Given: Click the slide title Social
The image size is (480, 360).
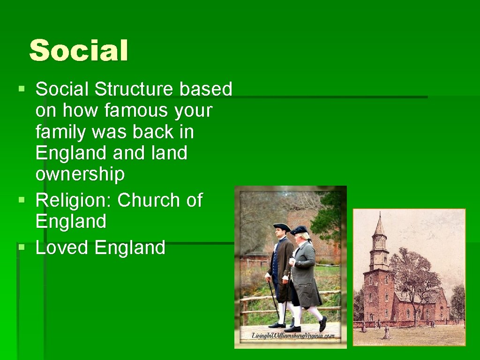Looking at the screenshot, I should [78, 51].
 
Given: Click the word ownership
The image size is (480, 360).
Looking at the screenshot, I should [80, 174].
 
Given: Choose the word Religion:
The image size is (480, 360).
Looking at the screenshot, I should [74, 200].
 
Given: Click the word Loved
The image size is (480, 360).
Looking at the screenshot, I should [62, 247].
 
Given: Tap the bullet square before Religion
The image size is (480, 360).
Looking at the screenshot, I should [21, 200].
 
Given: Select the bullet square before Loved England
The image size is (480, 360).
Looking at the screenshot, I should [21, 247].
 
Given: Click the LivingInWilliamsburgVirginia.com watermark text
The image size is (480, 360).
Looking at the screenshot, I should [293, 336].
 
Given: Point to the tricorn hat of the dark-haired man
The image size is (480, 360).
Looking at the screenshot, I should [282, 227].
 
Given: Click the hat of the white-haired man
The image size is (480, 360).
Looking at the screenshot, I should [299, 230].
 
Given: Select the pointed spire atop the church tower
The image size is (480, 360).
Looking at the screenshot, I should [379, 225].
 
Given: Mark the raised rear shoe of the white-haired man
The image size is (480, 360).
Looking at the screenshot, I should [323, 324].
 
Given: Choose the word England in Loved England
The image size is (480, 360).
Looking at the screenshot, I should [130, 247].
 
